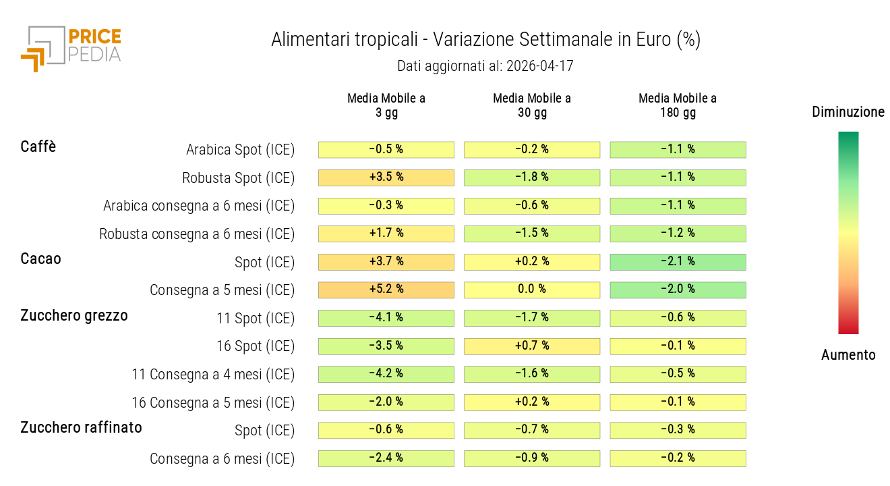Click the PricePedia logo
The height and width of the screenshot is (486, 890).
tap(71, 47)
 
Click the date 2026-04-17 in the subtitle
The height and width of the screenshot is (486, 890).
tap(539, 66)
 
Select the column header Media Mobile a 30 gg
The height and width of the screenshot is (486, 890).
tap(532, 105)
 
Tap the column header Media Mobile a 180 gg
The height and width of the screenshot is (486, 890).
tap(678, 105)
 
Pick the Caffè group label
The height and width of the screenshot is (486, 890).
tap(38, 146)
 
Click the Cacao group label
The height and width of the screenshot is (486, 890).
tap(40, 259)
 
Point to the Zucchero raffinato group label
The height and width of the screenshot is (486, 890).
tap(81, 427)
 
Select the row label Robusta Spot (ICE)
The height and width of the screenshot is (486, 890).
tap(239, 178)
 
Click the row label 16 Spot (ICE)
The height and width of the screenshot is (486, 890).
tap(256, 346)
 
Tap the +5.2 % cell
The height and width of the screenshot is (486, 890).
tap(386, 290)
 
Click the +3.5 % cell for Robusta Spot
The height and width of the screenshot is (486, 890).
tap(386, 178)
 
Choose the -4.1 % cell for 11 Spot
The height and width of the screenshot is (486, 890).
tap(386, 318)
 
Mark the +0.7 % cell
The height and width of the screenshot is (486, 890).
tap(532, 346)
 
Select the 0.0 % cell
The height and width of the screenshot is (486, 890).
tap(532, 290)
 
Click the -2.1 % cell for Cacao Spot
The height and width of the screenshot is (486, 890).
tap(678, 262)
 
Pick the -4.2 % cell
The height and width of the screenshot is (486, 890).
tap(386, 374)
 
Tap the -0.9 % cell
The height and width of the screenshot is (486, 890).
tap(532, 458)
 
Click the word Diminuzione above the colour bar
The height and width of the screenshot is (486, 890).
tap(848, 112)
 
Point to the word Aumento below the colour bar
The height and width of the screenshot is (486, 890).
tap(848, 355)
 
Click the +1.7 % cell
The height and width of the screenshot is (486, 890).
tap(386, 234)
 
